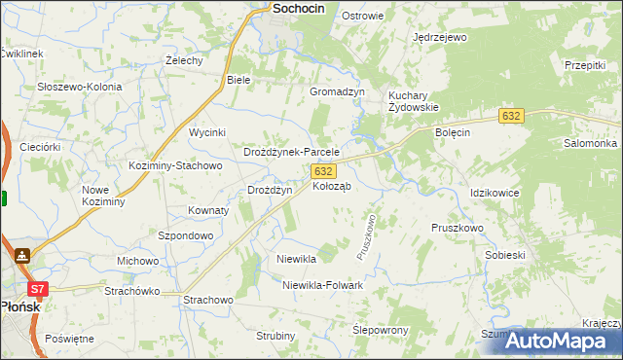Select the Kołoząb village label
(332, 185)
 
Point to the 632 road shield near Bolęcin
(511, 116)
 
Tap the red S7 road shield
(37, 289)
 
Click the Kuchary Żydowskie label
(414, 101)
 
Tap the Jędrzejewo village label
(440, 37)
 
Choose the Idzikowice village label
(494, 193)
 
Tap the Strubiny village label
(275, 336)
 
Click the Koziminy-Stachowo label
(176, 165)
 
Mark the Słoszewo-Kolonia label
(80, 87)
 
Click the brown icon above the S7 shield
(21, 256)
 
